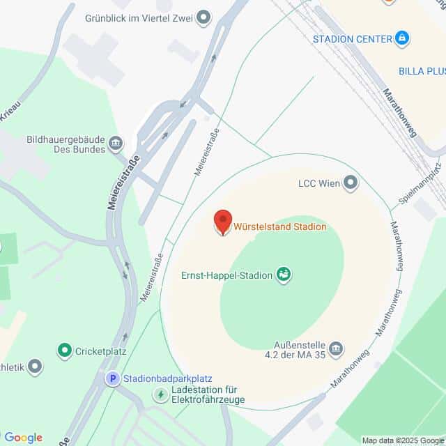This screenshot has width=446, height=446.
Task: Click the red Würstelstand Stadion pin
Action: (x=222, y=222)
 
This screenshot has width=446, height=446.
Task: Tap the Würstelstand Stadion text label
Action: (x=279, y=226)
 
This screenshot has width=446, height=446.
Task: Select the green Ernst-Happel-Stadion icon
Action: (x=284, y=275)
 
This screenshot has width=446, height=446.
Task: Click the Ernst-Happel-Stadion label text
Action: (x=226, y=275)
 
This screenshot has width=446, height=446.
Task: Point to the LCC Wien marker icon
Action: (x=351, y=184)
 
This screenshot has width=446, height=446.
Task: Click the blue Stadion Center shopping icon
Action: (x=401, y=38)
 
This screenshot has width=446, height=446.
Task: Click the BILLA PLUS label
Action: (x=422, y=71)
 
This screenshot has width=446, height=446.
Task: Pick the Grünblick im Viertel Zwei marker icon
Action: (x=203, y=17)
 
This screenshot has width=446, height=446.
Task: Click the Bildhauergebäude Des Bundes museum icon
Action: (x=116, y=144)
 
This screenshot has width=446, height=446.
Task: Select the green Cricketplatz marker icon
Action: (x=65, y=351)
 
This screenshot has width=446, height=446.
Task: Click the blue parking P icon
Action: (x=111, y=378)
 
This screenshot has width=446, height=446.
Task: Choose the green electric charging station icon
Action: (x=161, y=395)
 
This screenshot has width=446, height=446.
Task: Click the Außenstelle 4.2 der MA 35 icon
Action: (x=336, y=348)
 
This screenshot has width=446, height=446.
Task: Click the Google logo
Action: (x=23, y=438)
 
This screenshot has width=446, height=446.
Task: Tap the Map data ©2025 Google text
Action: (x=403, y=440)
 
